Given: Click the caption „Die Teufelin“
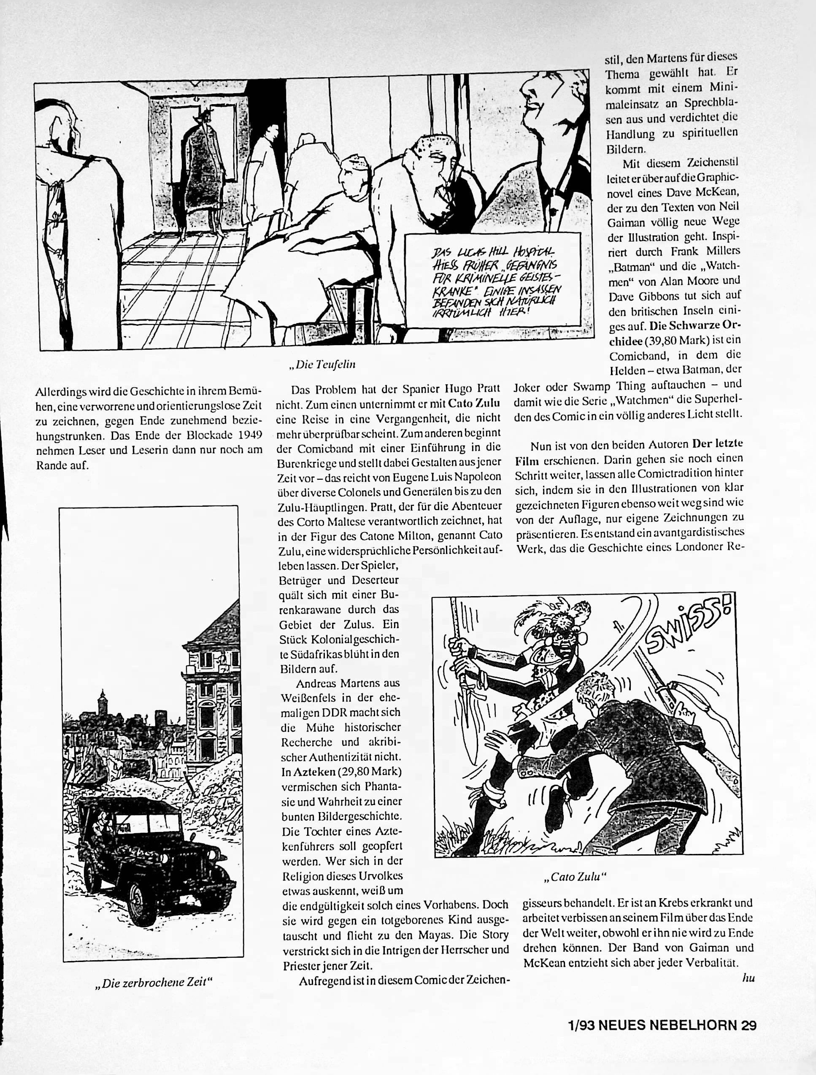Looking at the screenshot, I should [x=322, y=364].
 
